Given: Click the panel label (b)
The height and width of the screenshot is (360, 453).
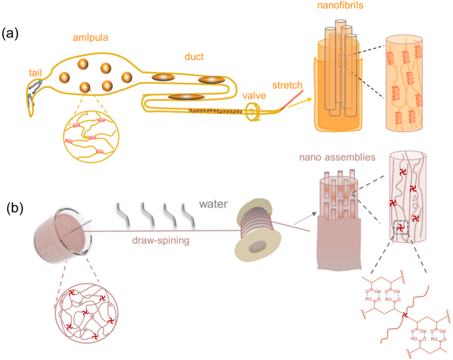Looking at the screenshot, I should [x=14, y=208].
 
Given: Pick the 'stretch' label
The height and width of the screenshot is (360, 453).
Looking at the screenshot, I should [x=287, y=85].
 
